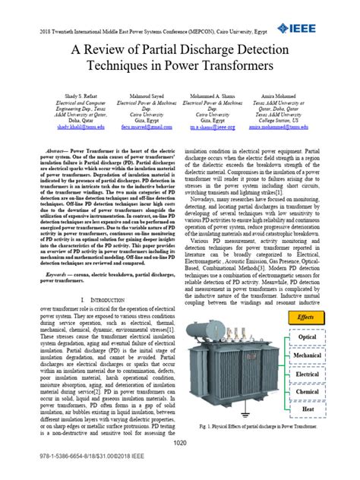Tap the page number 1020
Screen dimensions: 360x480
[179, 444]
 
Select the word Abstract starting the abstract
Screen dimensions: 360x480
[57, 151]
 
